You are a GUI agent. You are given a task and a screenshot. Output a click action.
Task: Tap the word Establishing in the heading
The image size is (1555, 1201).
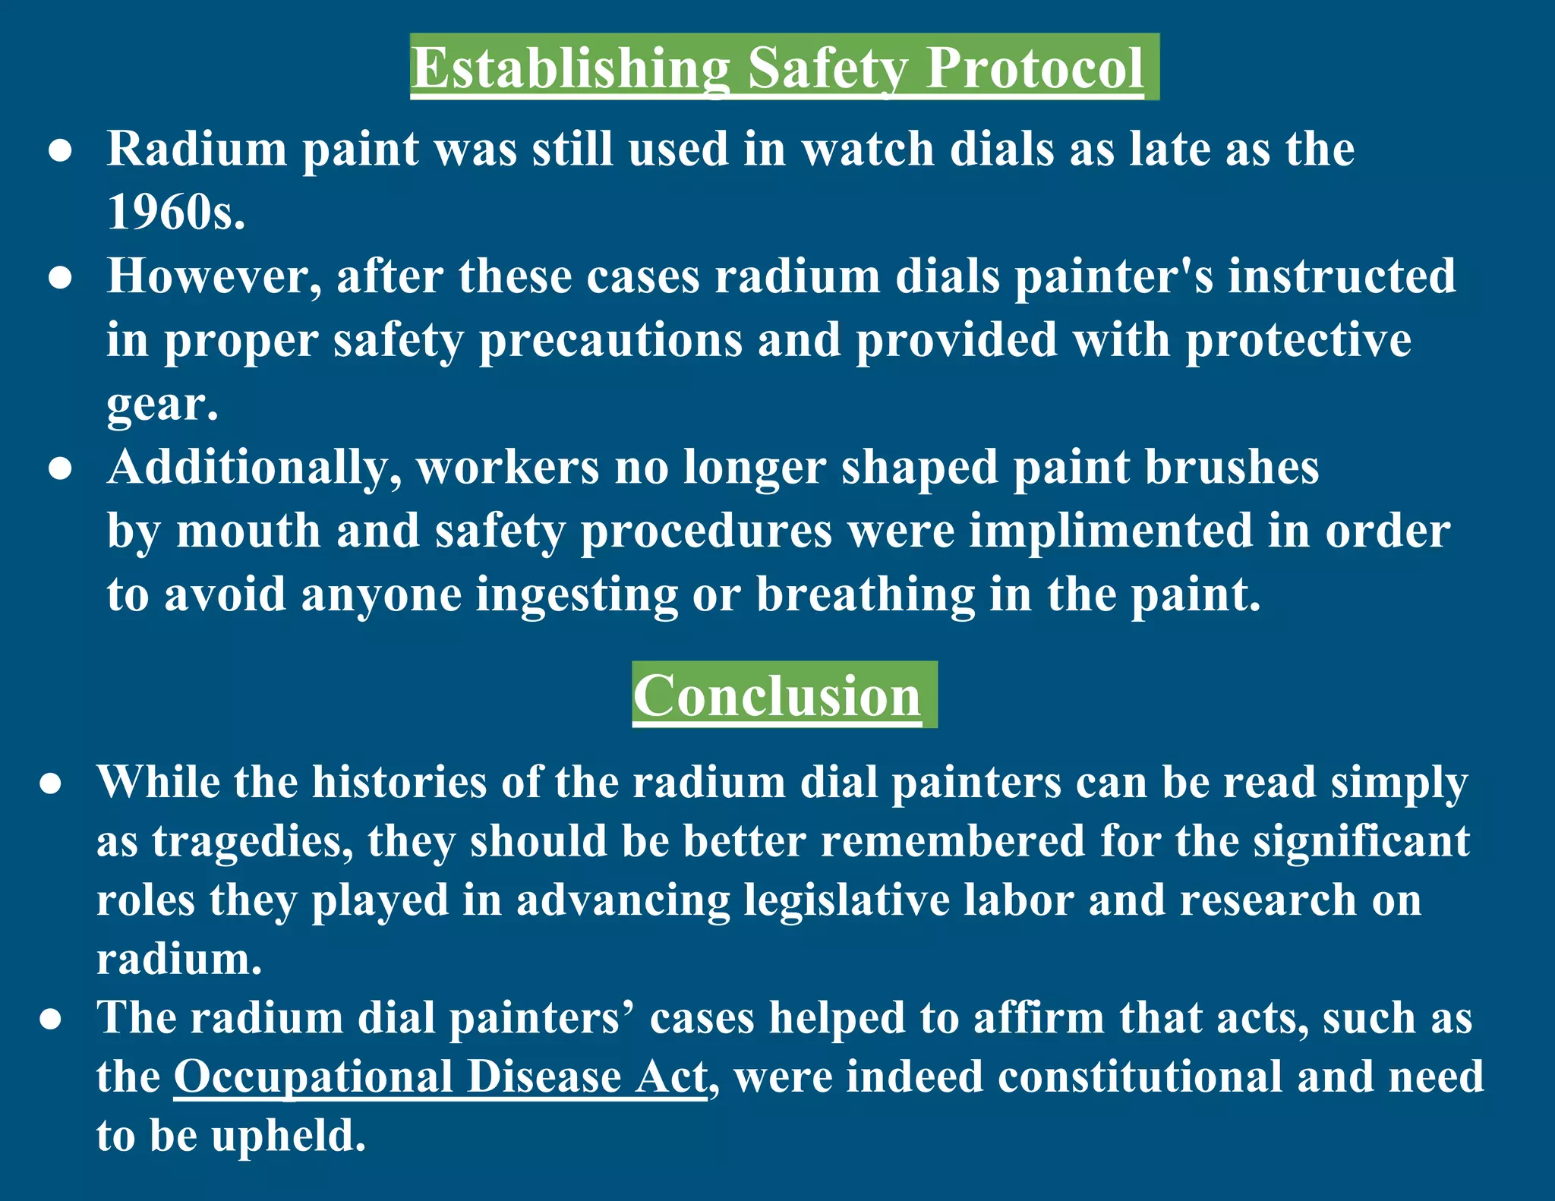pyautogui.click(x=570, y=68)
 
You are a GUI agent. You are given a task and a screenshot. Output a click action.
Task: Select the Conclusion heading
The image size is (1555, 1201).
pyautogui.click(x=777, y=695)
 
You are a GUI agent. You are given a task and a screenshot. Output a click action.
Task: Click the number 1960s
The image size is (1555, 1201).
pyautogui.click(x=175, y=212)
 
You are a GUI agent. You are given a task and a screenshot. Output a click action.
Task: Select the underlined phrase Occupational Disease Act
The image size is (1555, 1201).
pyautogui.click(x=440, y=1076)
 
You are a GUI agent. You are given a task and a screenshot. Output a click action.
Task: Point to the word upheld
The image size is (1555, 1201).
pyautogui.click(x=289, y=1136)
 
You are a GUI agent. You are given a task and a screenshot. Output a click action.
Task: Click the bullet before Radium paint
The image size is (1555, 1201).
pyautogui.click(x=60, y=150)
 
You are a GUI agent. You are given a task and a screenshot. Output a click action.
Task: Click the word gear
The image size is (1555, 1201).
pyautogui.click(x=161, y=405)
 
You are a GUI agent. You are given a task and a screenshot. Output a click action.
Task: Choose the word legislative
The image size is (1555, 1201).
pyautogui.click(x=847, y=900)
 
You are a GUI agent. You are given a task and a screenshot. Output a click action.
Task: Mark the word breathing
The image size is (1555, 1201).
pyautogui.click(x=865, y=594)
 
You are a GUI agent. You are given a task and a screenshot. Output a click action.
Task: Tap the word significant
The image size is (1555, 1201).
pyautogui.click(x=1361, y=841)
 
